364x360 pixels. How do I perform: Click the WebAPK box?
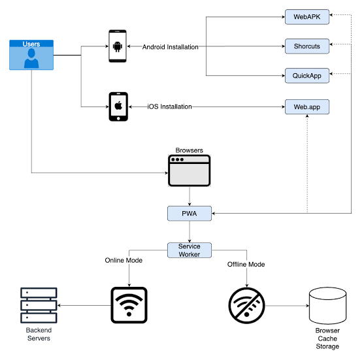click(x=307, y=17)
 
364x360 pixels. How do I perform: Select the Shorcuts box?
click(x=307, y=46)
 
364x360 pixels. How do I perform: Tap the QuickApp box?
click(x=307, y=75)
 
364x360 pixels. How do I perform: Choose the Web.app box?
click(x=307, y=106)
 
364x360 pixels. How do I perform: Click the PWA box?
click(x=190, y=213)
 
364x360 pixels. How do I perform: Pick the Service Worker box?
click(x=190, y=250)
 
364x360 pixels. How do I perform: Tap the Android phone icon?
click(x=118, y=46)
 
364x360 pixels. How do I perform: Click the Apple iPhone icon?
click(x=118, y=106)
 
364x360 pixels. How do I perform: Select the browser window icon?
click(x=190, y=171)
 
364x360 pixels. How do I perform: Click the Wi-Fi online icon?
click(x=129, y=305)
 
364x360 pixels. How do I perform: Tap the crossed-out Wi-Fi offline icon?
click(x=246, y=306)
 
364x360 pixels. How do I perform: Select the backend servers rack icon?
click(x=39, y=305)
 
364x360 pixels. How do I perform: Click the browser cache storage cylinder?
click(x=327, y=306)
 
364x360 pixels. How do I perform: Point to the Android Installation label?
click(x=171, y=47)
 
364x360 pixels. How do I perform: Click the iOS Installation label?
click(x=170, y=106)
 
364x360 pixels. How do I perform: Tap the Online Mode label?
click(x=124, y=260)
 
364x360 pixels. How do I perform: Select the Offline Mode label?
click(x=246, y=264)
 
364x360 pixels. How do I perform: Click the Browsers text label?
click(x=190, y=150)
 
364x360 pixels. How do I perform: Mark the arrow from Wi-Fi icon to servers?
click(x=84, y=305)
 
